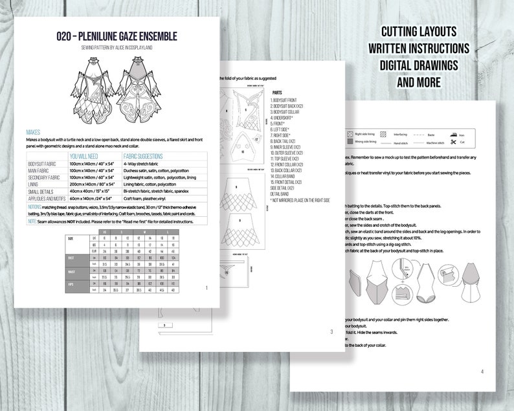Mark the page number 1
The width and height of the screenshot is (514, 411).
click(205, 288)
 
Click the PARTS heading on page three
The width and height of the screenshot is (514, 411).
click(277, 93)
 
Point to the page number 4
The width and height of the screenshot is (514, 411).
click(481, 372)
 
